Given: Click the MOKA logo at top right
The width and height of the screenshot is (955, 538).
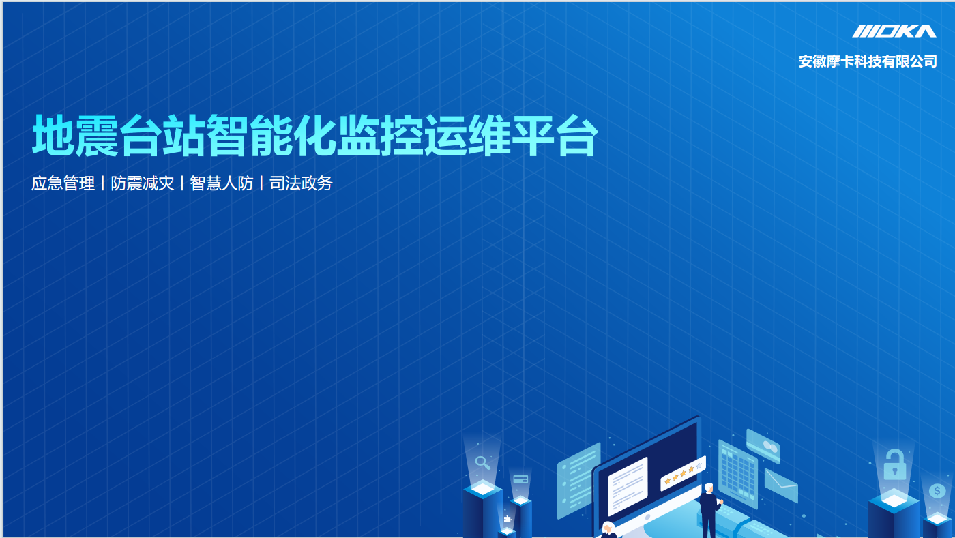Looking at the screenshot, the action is (x=894, y=31).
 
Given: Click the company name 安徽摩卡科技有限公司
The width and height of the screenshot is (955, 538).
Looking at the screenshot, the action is (x=868, y=61).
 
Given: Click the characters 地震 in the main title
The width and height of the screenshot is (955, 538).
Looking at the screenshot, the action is (x=76, y=136).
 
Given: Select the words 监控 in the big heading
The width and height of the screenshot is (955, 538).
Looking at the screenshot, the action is (x=379, y=136).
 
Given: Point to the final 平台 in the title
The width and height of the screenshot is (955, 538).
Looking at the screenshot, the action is (x=555, y=136).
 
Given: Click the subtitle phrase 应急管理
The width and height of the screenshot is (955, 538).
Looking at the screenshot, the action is (x=63, y=183).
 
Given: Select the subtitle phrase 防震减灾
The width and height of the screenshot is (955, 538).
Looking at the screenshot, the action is (x=143, y=183).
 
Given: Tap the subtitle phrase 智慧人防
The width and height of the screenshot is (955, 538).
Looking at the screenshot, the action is (x=221, y=183).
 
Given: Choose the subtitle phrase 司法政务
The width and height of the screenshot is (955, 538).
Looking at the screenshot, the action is (x=301, y=183).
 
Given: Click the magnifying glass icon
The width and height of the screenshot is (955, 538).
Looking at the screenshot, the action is (x=483, y=462).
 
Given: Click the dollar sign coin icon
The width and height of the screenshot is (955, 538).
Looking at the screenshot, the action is (x=937, y=491).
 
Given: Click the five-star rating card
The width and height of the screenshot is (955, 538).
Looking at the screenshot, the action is (x=683, y=473).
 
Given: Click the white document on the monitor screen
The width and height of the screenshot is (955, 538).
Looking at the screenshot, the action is (x=628, y=486).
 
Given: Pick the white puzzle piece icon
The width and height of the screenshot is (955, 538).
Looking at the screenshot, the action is (x=508, y=519).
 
